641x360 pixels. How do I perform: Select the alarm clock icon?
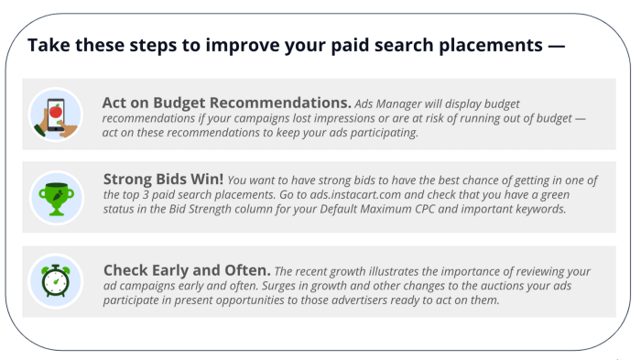[56, 279]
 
